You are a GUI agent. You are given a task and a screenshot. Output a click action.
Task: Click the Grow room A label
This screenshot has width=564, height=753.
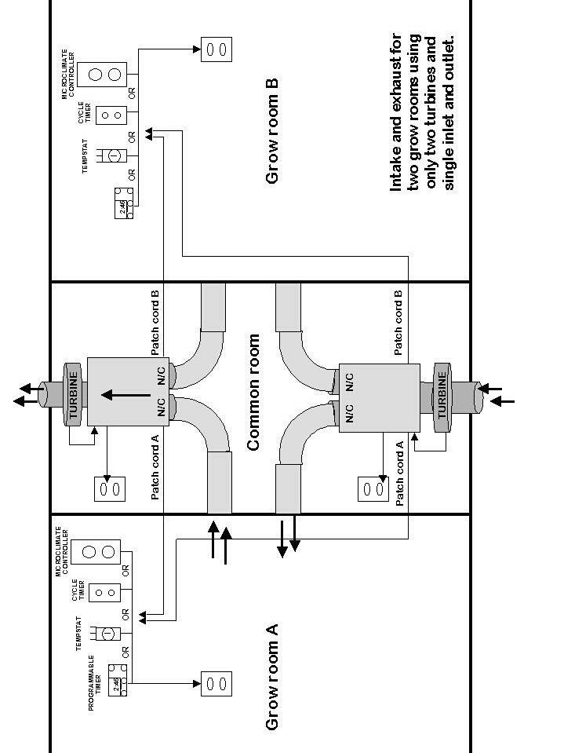click(x=272, y=677)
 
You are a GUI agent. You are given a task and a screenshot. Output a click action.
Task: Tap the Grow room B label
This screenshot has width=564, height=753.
click(x=272, y=130)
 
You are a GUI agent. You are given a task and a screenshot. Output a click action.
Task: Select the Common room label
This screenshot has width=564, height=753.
click(x=253, y=393)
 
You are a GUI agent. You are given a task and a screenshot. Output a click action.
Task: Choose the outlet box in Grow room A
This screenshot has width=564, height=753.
click(x=217, y=683)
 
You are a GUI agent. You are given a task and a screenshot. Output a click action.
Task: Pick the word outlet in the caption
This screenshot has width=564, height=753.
click(x=449, y=57)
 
